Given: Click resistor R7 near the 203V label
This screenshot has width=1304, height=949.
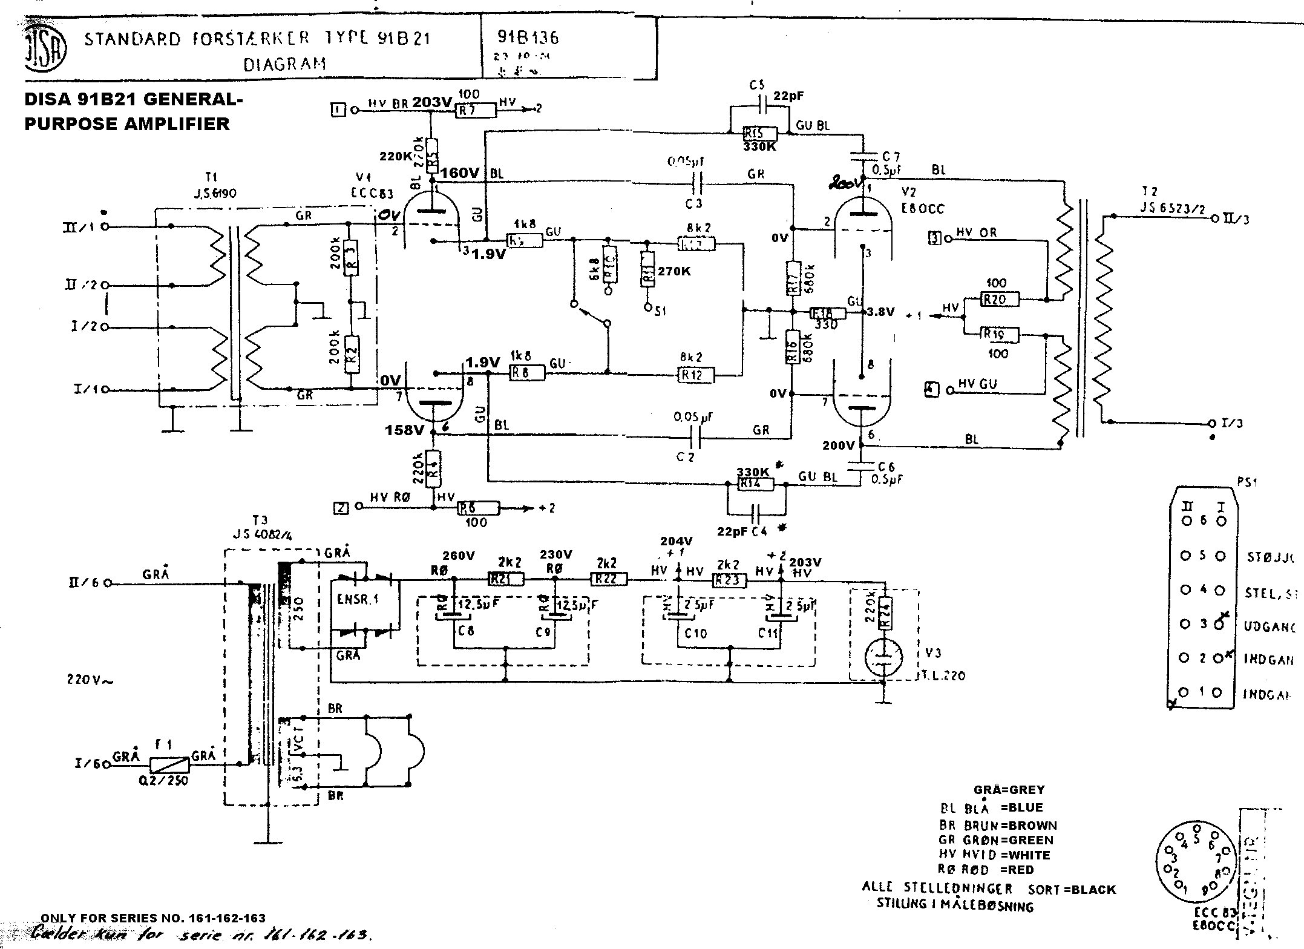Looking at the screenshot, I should [475, 110].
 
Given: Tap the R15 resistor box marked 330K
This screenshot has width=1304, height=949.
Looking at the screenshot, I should [753, 133].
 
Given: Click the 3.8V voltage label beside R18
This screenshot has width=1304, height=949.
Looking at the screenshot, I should [880, 312].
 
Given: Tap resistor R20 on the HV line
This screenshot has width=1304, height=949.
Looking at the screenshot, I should [999, 299].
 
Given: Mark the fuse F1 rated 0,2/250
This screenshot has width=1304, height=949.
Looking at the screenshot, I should [169, 766].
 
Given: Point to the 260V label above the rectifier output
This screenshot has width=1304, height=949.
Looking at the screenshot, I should [458, 556].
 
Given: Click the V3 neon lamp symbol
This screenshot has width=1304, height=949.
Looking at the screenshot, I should [884, 657].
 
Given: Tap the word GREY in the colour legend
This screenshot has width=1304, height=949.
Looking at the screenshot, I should [1024, 790].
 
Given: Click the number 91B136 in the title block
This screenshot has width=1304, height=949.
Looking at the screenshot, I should [528, 38].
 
